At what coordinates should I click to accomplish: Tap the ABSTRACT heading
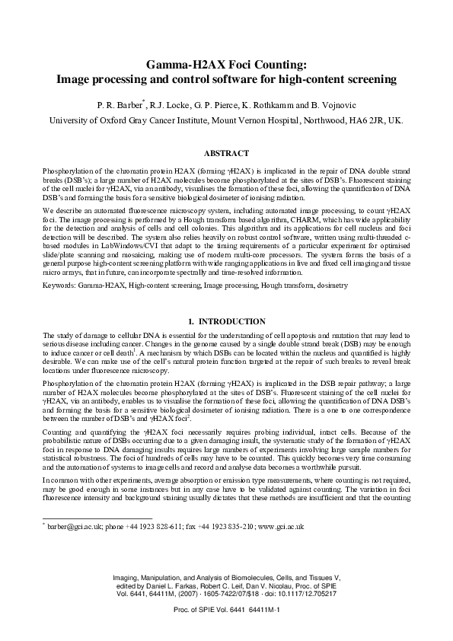click(226, 152)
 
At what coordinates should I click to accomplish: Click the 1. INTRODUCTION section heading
click(226, 321)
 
